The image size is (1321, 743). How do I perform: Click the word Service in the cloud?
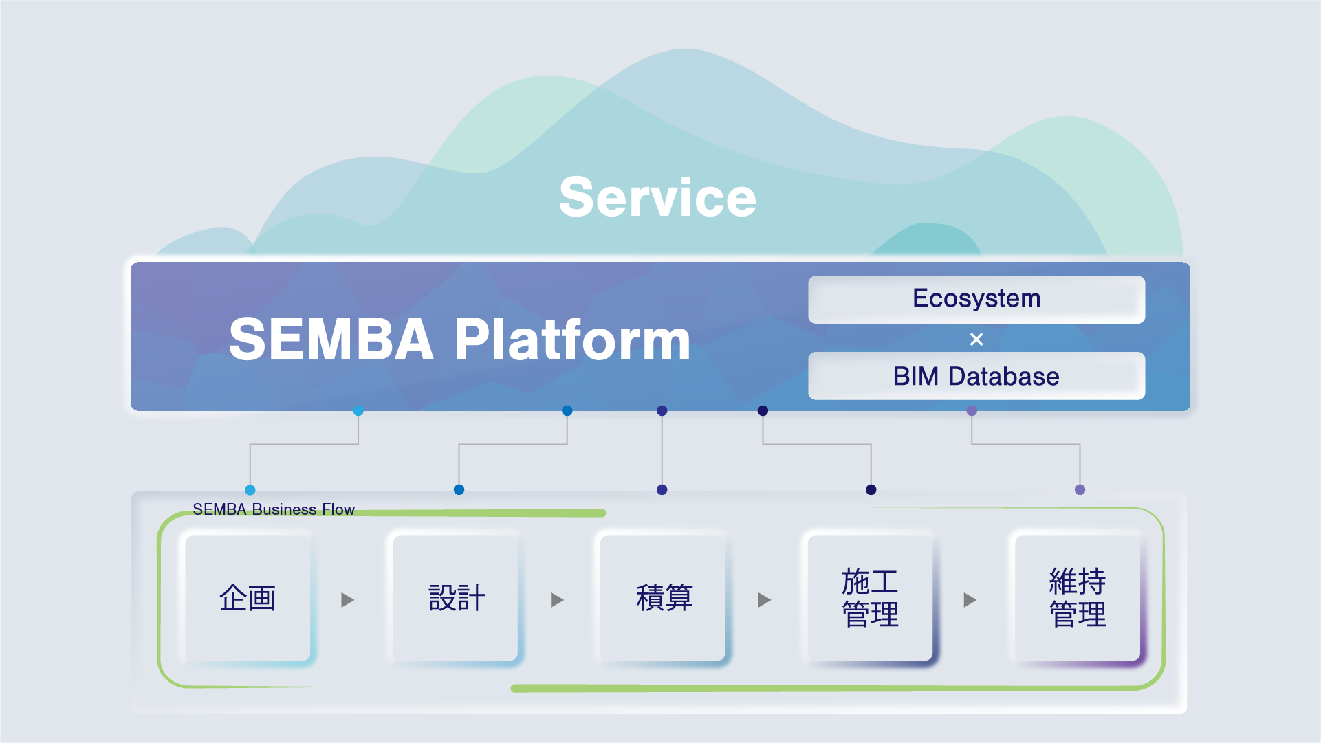coord(657,197)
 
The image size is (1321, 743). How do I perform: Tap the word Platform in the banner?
coord(572,339)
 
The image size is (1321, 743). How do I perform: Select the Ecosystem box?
coord(976,299)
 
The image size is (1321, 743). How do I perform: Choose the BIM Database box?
coord(976,376)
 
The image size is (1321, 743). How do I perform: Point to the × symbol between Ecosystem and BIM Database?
coord(976,339)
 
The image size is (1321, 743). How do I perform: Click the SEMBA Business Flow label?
coord(273,509)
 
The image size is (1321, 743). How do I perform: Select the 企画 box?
coord(248,597)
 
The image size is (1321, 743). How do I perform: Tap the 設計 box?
coord(456,597)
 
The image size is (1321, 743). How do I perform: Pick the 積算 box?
coord(664,597)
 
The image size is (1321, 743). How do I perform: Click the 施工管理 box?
coord(870,597)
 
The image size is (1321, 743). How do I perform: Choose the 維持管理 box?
coord(1078,597)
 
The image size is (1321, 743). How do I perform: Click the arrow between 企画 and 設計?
coord(348,600)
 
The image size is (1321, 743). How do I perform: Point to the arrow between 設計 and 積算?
coord(557,600)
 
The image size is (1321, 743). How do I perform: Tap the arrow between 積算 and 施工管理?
coord(764,600)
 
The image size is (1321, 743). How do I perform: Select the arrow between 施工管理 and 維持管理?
coord(970,600)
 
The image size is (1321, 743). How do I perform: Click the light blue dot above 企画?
coord(250,490)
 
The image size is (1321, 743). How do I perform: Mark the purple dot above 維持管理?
coord(1080,490)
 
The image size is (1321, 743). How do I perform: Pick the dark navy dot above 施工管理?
coord(871,490)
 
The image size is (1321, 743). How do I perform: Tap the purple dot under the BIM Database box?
coord(972,411)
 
